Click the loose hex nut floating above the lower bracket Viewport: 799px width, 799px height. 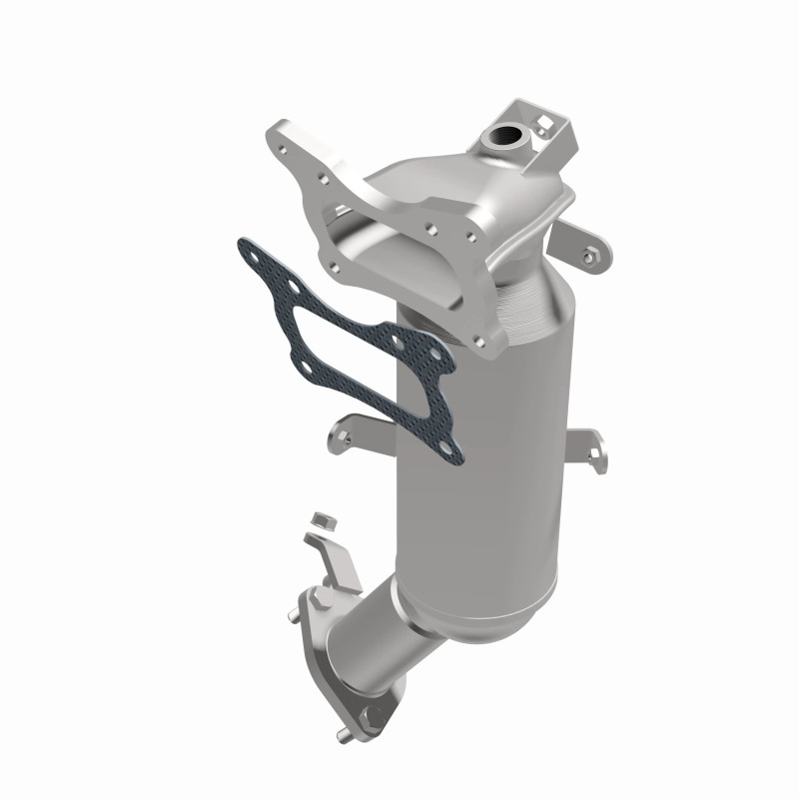click(320, 520)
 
